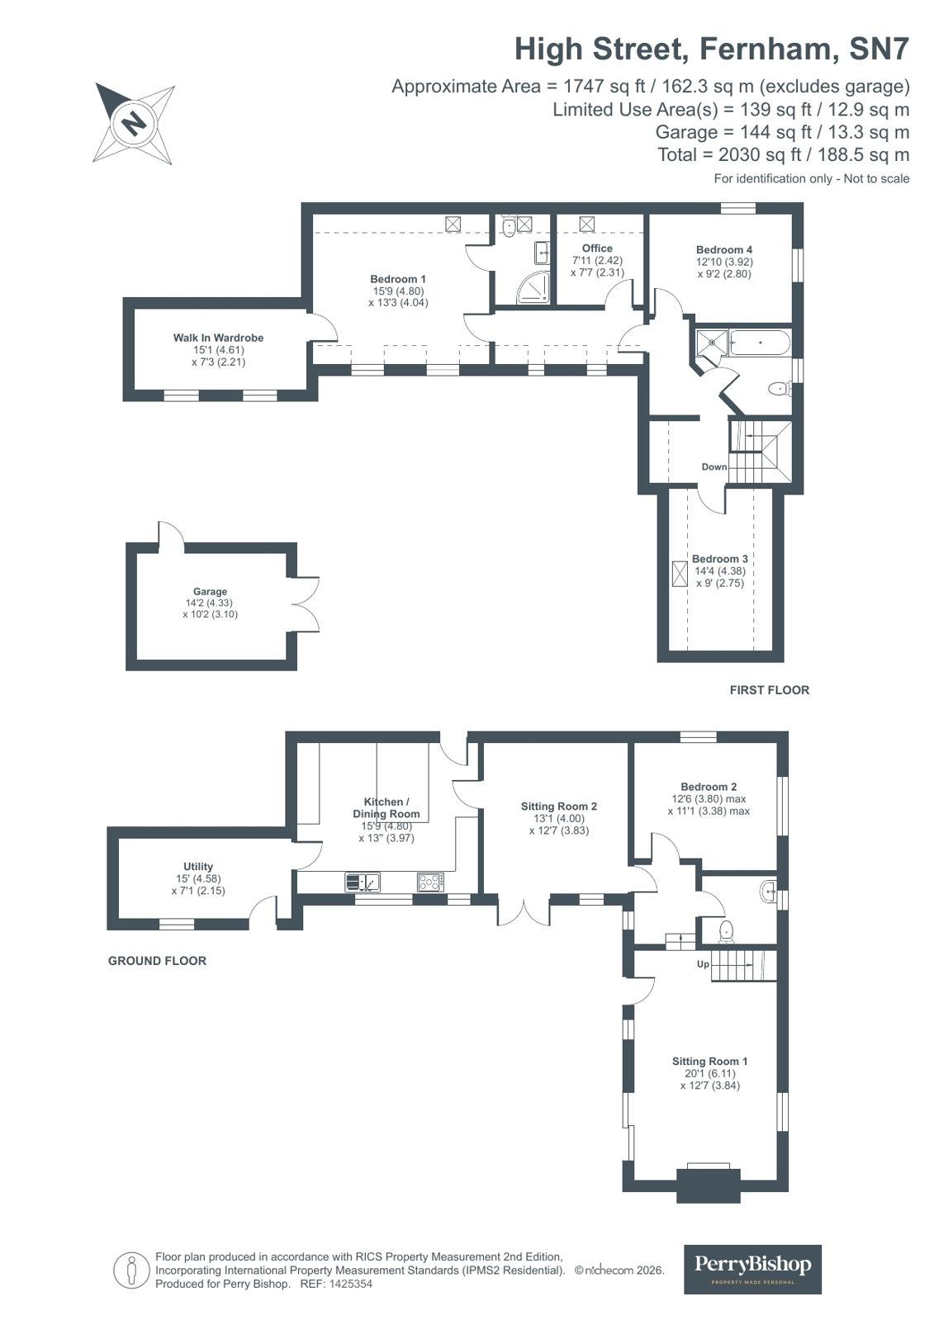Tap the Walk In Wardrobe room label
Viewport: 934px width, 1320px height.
(218, 338)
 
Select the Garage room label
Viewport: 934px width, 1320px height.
(210, 592)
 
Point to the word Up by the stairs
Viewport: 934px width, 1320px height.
(703, 964)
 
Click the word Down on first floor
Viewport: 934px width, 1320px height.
(714, 467)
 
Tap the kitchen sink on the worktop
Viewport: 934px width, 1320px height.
(363, 882)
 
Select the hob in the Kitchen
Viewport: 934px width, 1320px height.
(429, 882)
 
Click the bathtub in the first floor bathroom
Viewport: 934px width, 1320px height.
(760, 342)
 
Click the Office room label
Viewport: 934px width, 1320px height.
(597, 248)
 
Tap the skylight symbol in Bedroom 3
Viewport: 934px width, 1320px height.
(680, 574)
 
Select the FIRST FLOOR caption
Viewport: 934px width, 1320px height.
(769, 690)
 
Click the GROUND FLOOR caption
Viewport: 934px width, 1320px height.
(157, 961)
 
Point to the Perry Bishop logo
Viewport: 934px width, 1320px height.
(752, 1269)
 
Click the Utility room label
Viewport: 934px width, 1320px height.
(198, 867)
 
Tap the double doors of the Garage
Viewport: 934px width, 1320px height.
(306, 605)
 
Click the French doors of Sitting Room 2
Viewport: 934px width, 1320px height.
(524, 911)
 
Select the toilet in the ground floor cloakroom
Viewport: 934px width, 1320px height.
(727, 930)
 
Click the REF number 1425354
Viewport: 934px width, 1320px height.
(351, 1285)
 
